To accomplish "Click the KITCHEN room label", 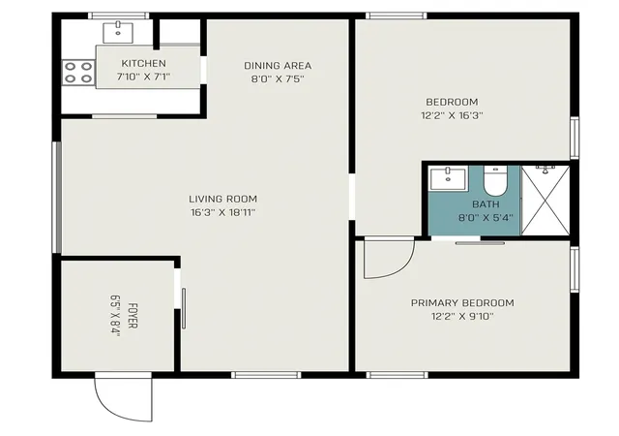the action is point(143,63).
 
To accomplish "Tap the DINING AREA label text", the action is point(278,66).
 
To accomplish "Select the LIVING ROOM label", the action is point(222,199).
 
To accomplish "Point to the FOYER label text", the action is point(133,316).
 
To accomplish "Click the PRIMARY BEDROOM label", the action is point(462,303).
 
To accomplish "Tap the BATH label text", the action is point(486,204).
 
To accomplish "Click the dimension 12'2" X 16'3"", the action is point(452,115).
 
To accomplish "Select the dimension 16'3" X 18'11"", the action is point(223,213).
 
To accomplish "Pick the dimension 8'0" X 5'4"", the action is point(486,218).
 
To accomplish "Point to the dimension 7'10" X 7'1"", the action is point(143,77).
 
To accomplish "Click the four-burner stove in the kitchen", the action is point(78,73).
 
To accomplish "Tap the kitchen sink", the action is point(118,32).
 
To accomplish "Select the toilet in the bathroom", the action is point(495,181).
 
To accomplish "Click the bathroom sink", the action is point(448,178).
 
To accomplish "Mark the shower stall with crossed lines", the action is point(545,201).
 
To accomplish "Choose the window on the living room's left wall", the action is point(58,198).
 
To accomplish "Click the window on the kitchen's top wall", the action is point(118,16).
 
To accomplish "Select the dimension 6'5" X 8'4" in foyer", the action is point(115,316).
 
